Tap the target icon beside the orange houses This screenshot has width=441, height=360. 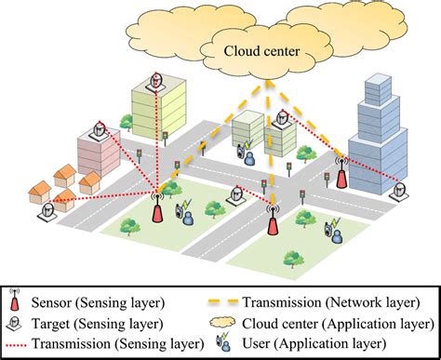tap(44, 208)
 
